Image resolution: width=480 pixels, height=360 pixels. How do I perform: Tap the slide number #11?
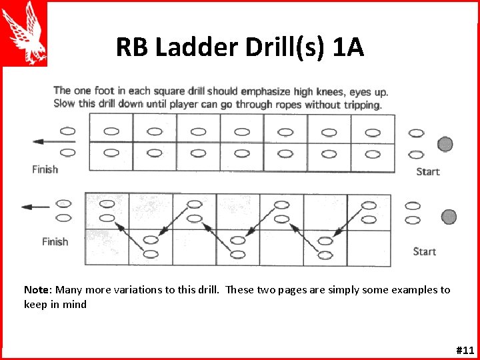(465, 350)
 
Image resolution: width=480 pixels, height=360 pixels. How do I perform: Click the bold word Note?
(37, 290)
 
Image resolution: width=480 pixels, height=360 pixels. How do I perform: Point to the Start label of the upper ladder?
(428, 171)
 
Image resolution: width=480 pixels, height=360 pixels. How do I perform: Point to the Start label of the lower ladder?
(425, 251)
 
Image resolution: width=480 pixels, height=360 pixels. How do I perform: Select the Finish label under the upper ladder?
(45, 169)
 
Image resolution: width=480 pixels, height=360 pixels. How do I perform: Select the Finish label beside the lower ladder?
(55, 241)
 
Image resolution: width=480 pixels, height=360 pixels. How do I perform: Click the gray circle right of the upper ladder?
(445, 143)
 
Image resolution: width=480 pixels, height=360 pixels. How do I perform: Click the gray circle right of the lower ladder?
(449, 217)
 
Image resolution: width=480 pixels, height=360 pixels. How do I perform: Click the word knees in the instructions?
(303, 91)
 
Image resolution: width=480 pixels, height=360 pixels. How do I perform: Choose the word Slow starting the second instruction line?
(65, 104)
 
